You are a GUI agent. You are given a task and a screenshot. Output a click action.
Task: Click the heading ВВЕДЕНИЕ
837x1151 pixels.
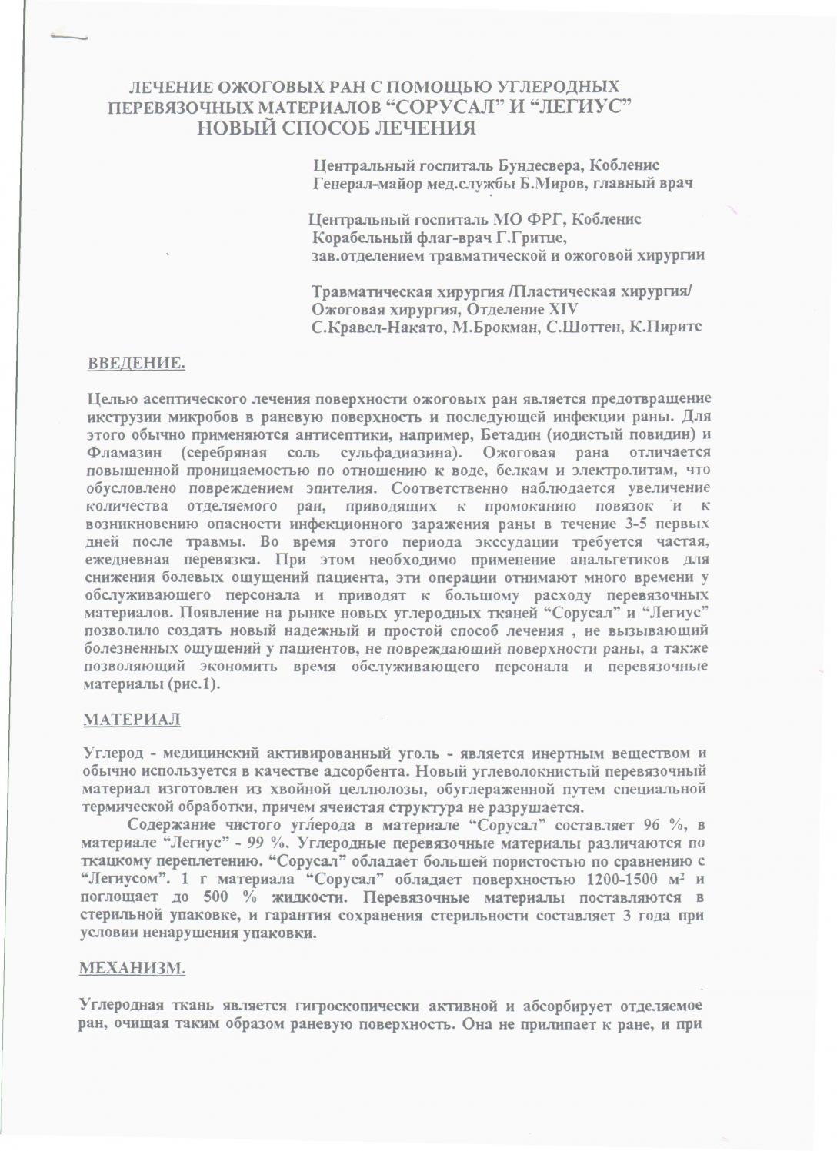[x=136, y=363]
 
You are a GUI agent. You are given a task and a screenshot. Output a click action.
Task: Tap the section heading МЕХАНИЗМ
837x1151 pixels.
[x=132, y=968]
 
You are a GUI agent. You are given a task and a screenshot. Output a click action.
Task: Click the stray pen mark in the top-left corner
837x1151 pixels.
[x=70, y=35]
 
